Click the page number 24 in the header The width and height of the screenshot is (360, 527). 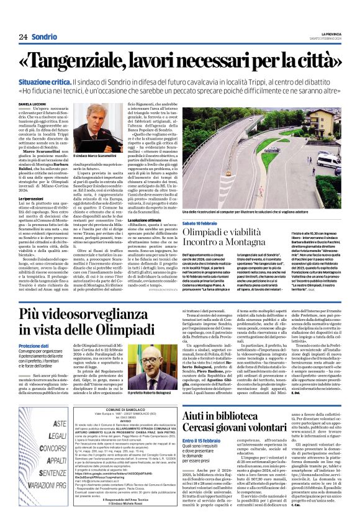[x=22, y=37]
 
